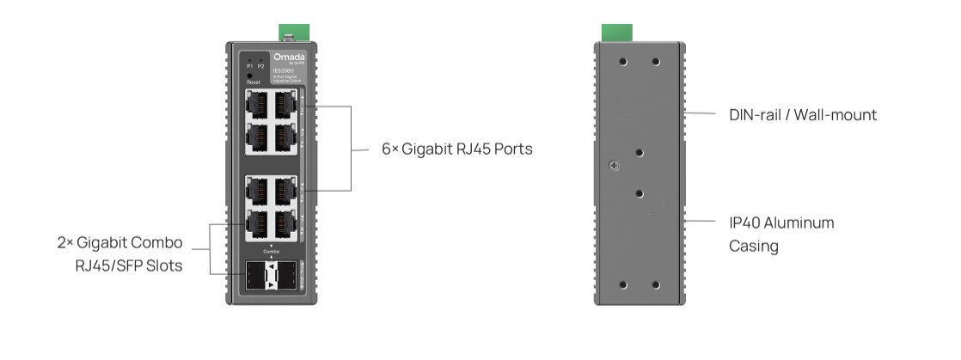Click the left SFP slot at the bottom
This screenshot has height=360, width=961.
255,275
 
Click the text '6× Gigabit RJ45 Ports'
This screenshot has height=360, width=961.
457,149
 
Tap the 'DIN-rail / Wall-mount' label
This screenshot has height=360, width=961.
802,114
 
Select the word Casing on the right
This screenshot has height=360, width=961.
754,247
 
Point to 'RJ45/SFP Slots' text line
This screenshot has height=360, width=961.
129,265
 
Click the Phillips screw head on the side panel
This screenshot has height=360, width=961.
612,165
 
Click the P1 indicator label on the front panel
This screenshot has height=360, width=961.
249,66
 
